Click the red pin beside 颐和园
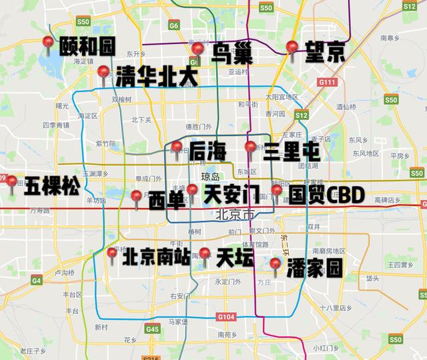48,43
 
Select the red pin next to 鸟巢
197,49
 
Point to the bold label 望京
325,52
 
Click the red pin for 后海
177,147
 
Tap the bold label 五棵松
51,187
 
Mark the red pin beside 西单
136,197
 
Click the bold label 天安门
231,195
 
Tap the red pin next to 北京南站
112,253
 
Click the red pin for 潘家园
275,264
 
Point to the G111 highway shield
328,82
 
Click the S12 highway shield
301,115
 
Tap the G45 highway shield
153,329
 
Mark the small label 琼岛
209,178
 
